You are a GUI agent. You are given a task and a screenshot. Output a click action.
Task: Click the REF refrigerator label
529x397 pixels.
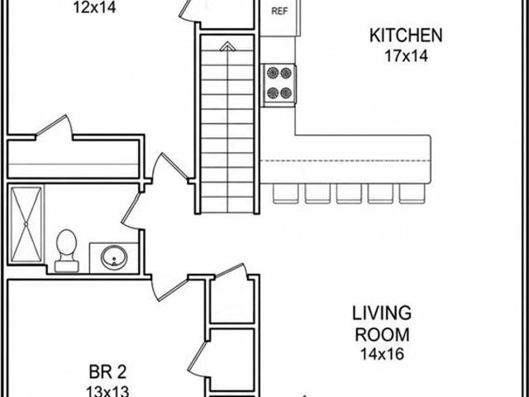point(279,11)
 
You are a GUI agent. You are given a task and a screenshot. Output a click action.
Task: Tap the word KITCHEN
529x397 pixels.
point(406,36)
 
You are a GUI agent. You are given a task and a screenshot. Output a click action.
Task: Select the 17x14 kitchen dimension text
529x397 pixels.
point(406,55)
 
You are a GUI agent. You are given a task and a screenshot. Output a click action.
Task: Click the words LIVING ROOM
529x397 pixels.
point(382,323)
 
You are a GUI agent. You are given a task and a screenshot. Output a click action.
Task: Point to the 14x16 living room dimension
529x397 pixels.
point(382,354)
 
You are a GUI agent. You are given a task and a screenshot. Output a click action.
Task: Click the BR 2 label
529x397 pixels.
point(107,372)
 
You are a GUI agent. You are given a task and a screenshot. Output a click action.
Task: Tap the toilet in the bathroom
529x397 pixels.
point(66,251)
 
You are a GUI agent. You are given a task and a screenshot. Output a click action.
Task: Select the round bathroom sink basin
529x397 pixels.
point(114,257)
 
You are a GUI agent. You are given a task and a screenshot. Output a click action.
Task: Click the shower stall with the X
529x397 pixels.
point(26,224)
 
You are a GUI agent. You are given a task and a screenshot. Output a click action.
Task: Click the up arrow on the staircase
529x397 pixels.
point(228,46)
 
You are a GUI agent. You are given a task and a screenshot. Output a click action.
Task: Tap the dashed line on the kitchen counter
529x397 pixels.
point(345,160)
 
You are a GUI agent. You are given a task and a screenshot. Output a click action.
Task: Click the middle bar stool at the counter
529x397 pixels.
point(349,194)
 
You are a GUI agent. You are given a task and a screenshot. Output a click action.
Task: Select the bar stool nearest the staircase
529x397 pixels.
point(286,194)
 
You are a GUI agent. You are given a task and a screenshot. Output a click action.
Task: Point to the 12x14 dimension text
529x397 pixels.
point(95,7)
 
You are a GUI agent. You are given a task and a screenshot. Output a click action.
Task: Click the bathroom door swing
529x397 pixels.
point(130,211)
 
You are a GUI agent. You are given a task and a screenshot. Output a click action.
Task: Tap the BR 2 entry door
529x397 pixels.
point(169,288)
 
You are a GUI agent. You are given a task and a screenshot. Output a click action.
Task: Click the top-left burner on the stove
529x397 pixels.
point(273,73)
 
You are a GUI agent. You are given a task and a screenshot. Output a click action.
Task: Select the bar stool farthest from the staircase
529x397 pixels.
point(412,194)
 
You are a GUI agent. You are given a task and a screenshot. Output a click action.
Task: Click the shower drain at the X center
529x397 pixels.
point(26,224)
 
